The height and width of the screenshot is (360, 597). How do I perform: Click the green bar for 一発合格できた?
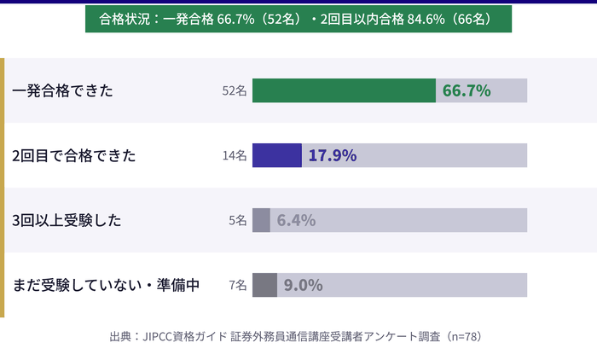click(344, 90)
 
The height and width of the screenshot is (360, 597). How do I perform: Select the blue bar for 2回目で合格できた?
click(277, 155)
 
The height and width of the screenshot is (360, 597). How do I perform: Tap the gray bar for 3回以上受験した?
click(261, 220)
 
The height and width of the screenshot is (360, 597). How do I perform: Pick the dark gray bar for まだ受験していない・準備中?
click(264, 285)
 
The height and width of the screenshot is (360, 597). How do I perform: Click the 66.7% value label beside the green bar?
click(467, 90)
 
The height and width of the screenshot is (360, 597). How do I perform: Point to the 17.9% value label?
click(332, 155)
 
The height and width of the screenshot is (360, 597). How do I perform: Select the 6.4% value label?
click(296, 220)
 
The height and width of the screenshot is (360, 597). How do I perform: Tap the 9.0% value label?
click(303, 285)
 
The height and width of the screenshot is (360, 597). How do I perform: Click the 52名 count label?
click(234, 90)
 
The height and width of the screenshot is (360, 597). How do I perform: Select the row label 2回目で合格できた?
click(74, 155)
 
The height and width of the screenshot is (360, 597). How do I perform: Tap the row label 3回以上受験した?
click(67, 220)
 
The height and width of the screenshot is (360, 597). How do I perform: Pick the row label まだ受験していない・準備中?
click(107, 285)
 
